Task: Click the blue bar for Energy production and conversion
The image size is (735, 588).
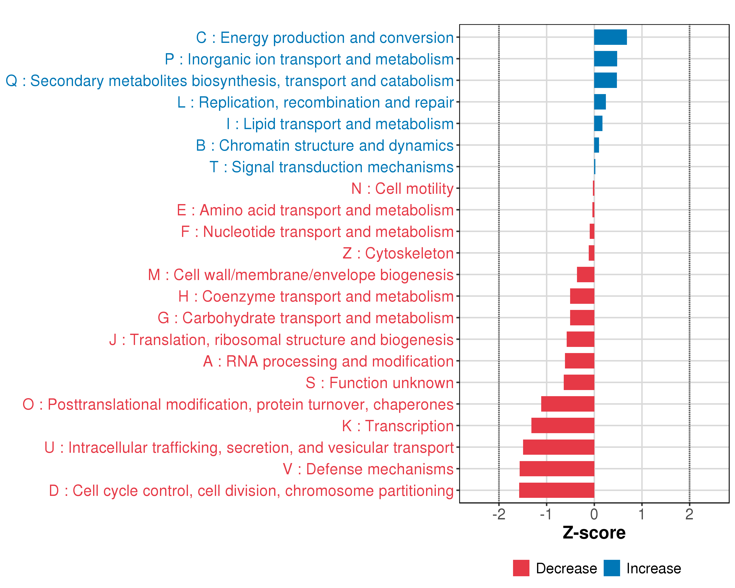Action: [x=610, y=37]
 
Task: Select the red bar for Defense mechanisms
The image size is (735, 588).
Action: [x=557, y=469]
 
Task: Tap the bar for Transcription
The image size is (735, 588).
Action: [x=563, y=425]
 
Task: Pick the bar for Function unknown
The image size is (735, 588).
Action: [x=579, y=382]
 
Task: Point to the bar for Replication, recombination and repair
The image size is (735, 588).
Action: [x=600, y=102]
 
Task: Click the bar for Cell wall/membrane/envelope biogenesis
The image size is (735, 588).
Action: [x=585, y=274]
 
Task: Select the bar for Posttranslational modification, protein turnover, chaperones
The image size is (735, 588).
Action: [x=568, y=404]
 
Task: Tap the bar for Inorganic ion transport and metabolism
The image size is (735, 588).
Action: [x=605, y=59]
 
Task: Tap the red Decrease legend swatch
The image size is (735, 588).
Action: [x=521, y=568]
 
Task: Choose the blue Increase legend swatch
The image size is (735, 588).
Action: [x=612, y=568]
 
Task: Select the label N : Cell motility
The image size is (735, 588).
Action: [x=402, y=188]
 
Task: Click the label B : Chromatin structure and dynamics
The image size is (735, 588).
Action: [x=325, y=146]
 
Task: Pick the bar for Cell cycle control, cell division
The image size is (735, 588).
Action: [x=556, y=490]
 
